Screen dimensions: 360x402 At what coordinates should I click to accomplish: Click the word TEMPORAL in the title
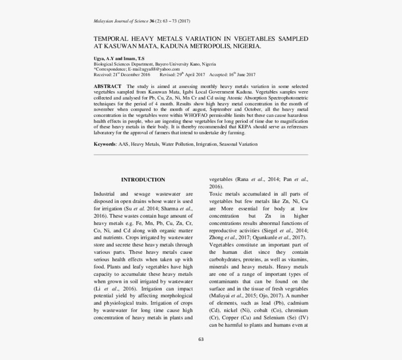[x=113, y=39]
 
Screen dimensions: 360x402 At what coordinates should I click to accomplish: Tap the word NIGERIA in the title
[x=245, y=47]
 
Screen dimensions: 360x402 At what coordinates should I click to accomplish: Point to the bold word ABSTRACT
[x=108, y=86]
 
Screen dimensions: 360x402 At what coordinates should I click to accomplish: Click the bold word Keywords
[x=105, y=144]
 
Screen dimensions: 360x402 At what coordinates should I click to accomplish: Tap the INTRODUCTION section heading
[x=143, y=180]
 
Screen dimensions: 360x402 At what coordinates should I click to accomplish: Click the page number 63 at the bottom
[x=201, y=339]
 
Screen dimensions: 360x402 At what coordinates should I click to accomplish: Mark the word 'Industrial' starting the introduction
[x=105, y=194]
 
